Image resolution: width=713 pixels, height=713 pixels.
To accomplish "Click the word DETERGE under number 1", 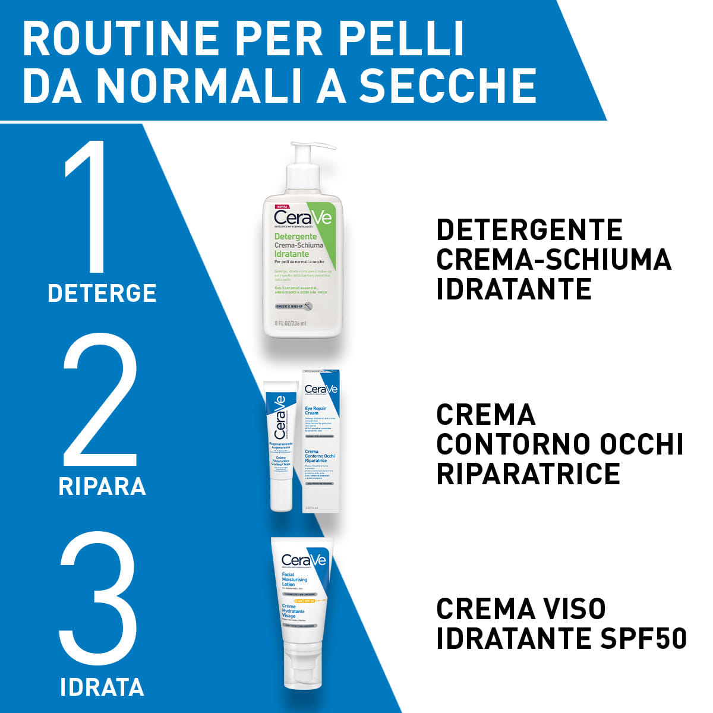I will pyautogui.click(x=102, y=293).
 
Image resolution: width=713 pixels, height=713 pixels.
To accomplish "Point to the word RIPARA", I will pyautogui.click(x=102, y=486).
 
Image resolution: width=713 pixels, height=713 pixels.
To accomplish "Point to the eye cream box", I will pyautogui.click(x=321, y=440).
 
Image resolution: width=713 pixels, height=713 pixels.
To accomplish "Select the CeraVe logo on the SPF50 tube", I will pyautogui.click(x=304, y=560).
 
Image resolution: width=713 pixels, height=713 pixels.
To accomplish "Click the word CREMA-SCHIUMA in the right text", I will pyautogui.click(x=554, y=260).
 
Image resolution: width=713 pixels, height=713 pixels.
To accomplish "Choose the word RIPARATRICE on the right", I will pyautogui.click(x=528, y=474).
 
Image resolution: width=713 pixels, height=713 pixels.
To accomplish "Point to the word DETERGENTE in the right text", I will pyautogui.click(x=529, y=230).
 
